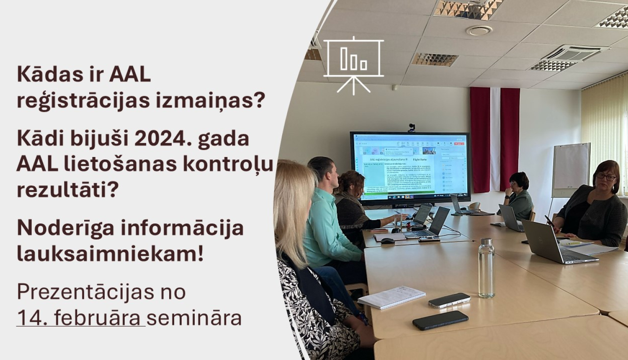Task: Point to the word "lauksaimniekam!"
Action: (110, 254)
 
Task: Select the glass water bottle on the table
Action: (486, 268)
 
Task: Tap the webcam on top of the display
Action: (412, 127)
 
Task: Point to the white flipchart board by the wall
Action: (571, 170)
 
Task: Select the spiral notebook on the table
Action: (391, 297)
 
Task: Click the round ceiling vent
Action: (479, 30)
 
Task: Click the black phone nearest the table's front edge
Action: (440, 320)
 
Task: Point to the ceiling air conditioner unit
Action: (569, 57)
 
